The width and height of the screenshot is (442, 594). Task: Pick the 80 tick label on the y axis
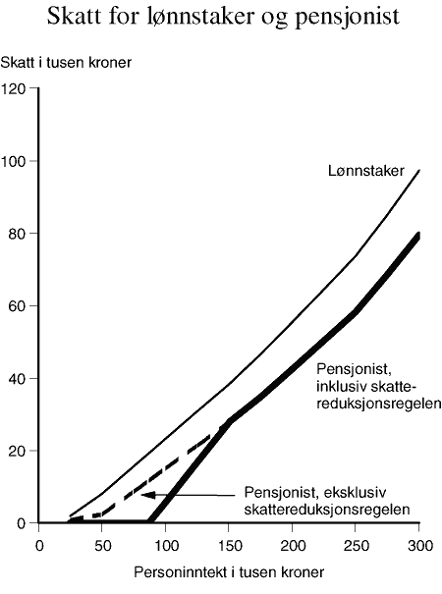pos(16,234)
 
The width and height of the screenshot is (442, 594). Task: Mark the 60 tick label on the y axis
pos(16,306)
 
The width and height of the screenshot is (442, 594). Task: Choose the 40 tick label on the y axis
pos(16,379)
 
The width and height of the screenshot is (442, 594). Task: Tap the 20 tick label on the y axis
pos(16,451)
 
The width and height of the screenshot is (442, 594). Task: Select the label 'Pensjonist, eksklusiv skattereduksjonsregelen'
pos(324,502)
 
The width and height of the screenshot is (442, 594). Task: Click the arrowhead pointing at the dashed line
pos(144,495)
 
